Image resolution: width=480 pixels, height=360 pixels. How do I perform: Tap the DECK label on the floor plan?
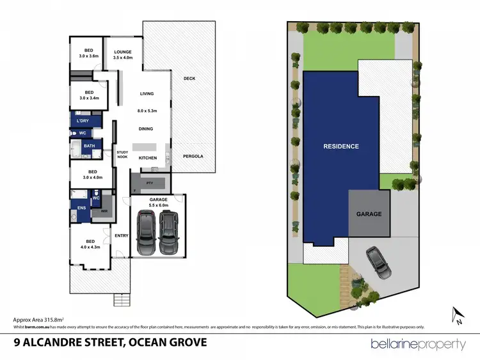(x=189, y=79)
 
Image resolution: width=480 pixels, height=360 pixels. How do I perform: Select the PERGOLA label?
(x=193, y=156)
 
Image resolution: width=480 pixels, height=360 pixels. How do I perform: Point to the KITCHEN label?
(x=148, y=158)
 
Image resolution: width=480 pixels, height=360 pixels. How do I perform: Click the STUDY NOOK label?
(x=122, y=154)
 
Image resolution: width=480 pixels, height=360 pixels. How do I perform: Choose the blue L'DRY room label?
(x=83, y=121)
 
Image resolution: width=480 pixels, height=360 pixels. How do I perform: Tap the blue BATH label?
(x=90, y=146)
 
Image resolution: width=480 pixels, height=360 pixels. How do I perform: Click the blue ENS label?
(x=81, y=208)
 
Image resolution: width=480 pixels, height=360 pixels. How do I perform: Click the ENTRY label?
(x=121, y=235)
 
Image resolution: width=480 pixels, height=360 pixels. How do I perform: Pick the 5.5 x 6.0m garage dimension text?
(x=158, y=206)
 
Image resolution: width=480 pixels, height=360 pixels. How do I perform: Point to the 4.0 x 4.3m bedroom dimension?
(x=91, y=247)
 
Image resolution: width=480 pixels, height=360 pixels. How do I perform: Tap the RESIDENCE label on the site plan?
(x=340, y=146)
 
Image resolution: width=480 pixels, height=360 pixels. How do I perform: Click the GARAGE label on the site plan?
(x=369, y=214)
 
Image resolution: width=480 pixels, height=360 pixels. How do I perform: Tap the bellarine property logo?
(x=419, y=344)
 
